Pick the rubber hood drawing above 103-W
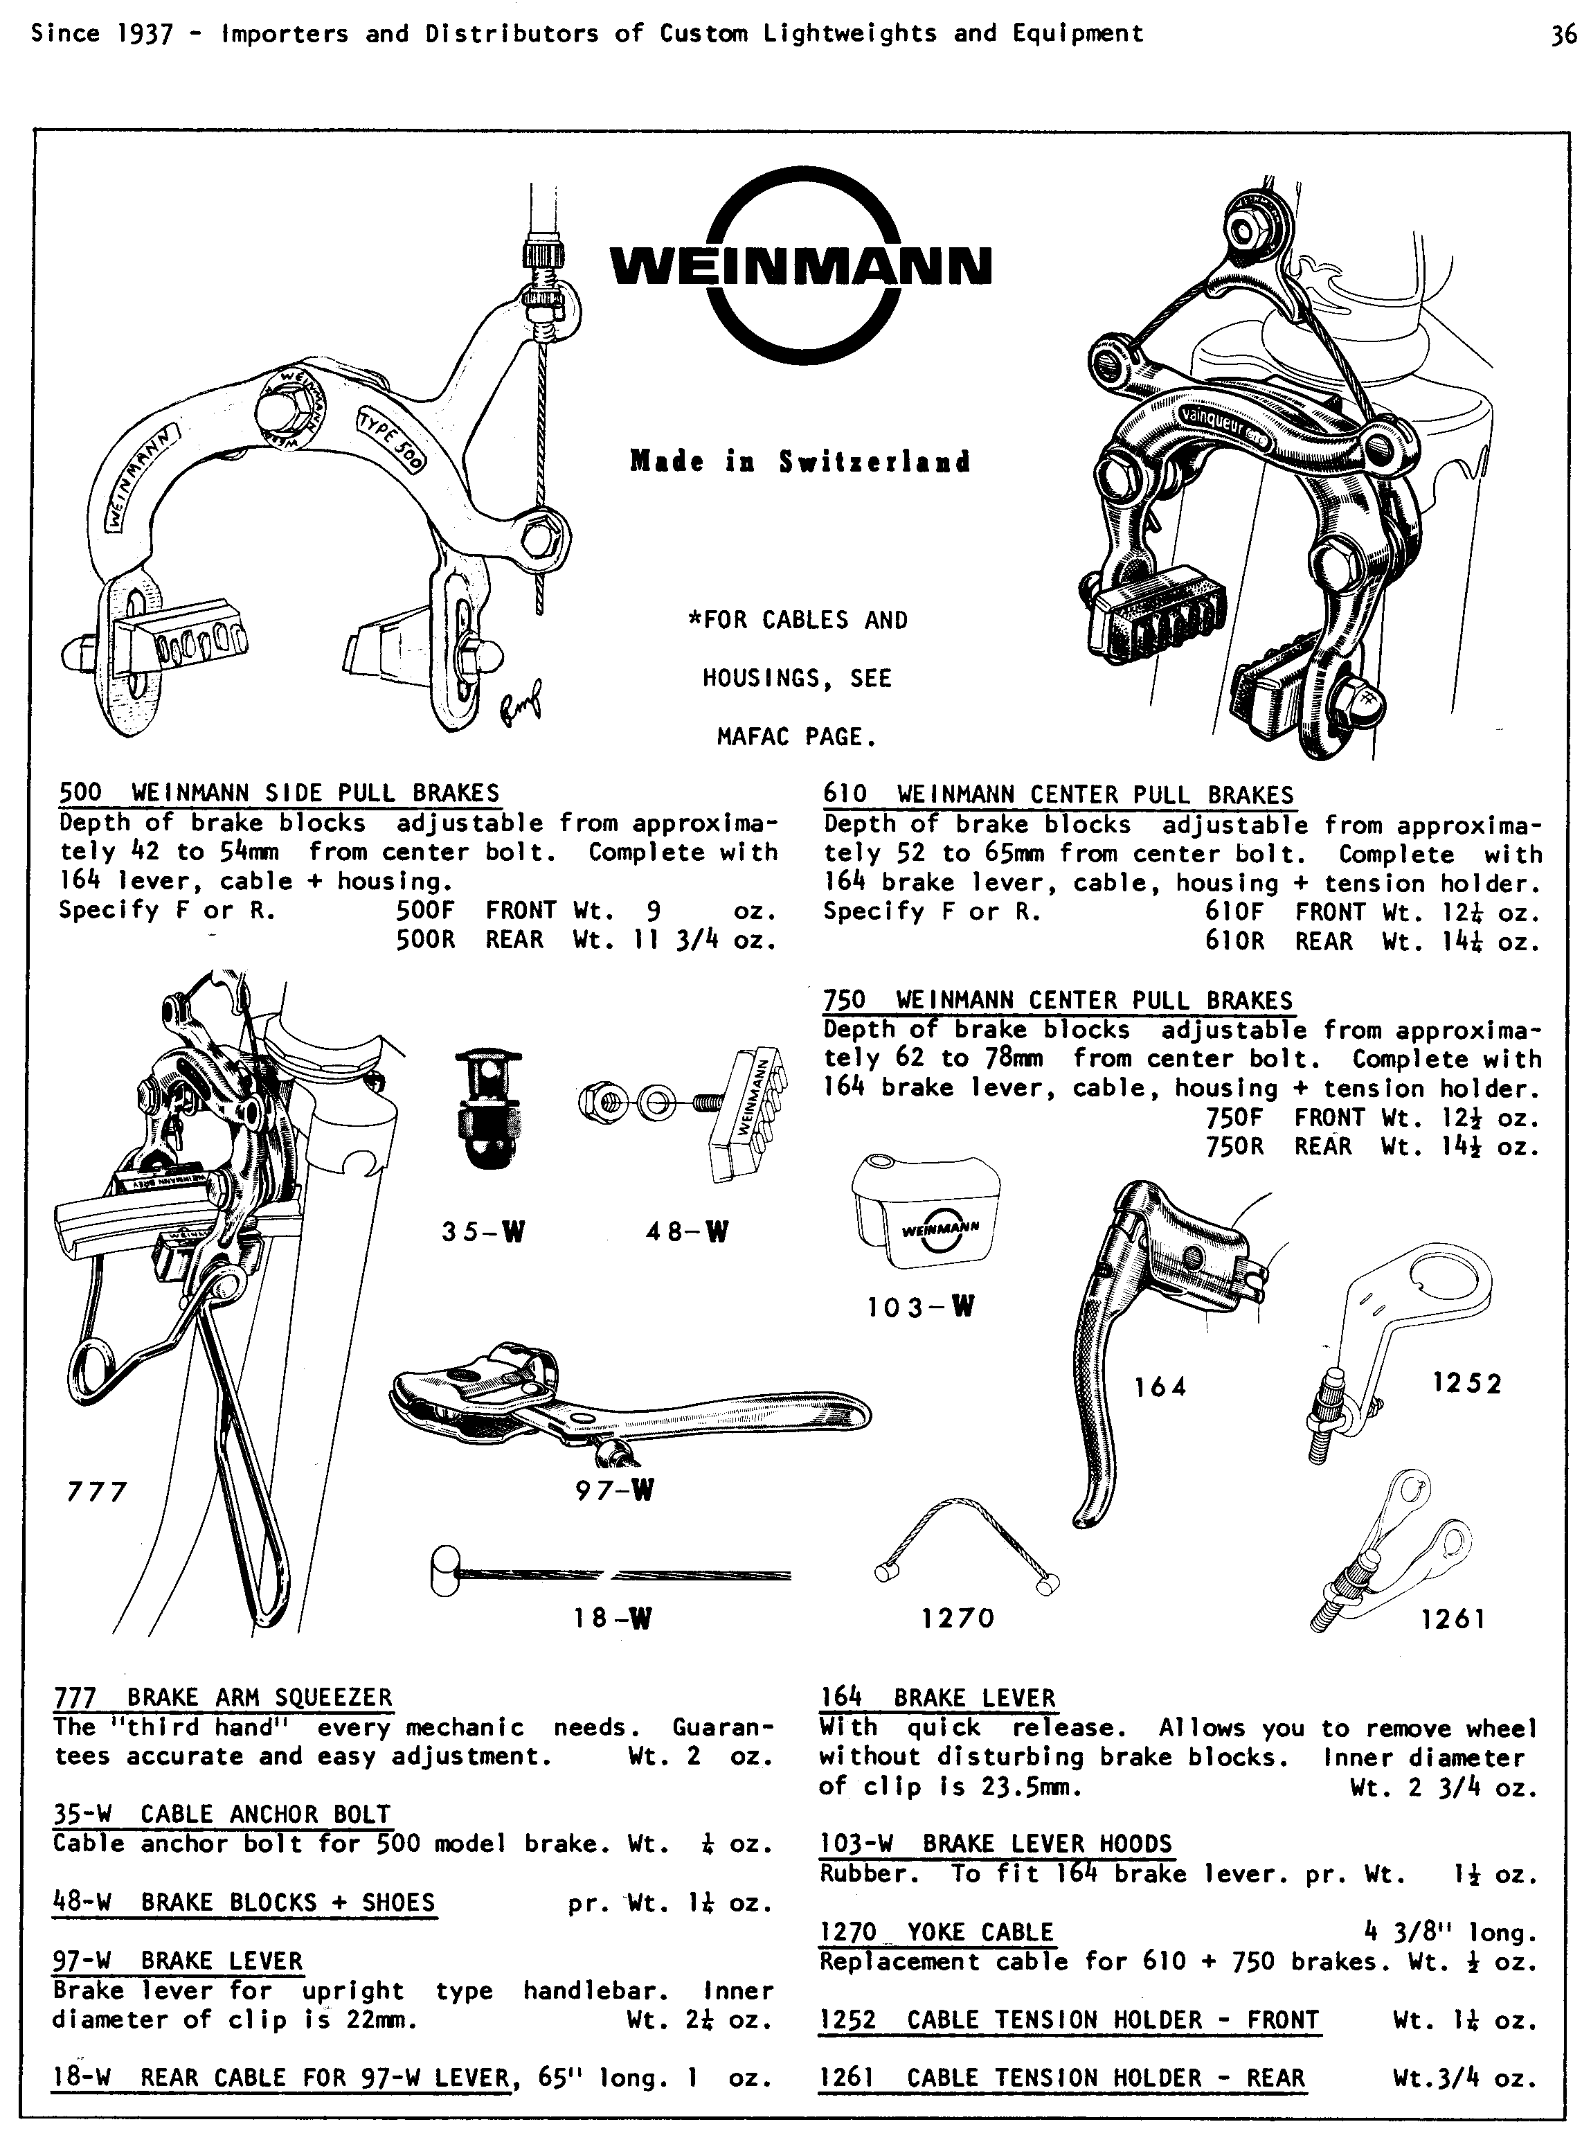click(926, 1211)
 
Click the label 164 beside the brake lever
click(1160, 1387)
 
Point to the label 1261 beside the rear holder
click(1453, 1620)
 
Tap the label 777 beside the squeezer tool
click(97, 1492)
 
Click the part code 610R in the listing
click(1234, 941)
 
